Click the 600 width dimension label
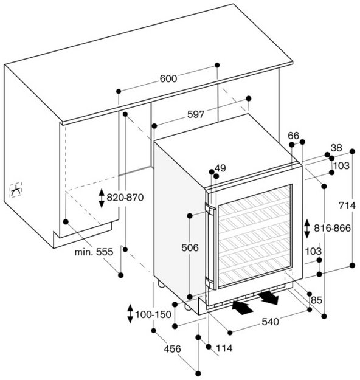pyautogui.click(x=168, y=79)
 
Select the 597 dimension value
pyautogui.click(x=196, y=114)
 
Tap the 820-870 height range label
pyautogui.click(x=125, y=198)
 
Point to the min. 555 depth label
pyautogui.click(x=94, y=252)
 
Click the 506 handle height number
pyautogui.click(x=190, y=247)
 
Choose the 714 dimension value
pyautogui.click(x=347, y=206)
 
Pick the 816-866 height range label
pyautogui.click(x=333, y=228)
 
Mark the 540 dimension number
pyautogui.click(x=270, y=322)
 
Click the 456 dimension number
pyautogui.click(x=172, y=349)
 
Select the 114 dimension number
pyautogui.click(x=224, y=348)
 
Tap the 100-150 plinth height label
pyautogui.click(x=153, y=314)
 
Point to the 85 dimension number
pyautogui.click(x=316, y=300)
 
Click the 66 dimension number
pyautogui.click(x=294, y=136)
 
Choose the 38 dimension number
pyautogui.click(x=336, y=148)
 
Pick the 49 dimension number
pyautogui.click(x=220, y=168)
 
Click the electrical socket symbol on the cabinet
pyautogui.click(x=16, y=190)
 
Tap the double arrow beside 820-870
pyautogui.click(x=102, y=198)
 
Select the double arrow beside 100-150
pyautogui.click(x=130, y=314)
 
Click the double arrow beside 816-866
pyautogui.click(x=307, y=229)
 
